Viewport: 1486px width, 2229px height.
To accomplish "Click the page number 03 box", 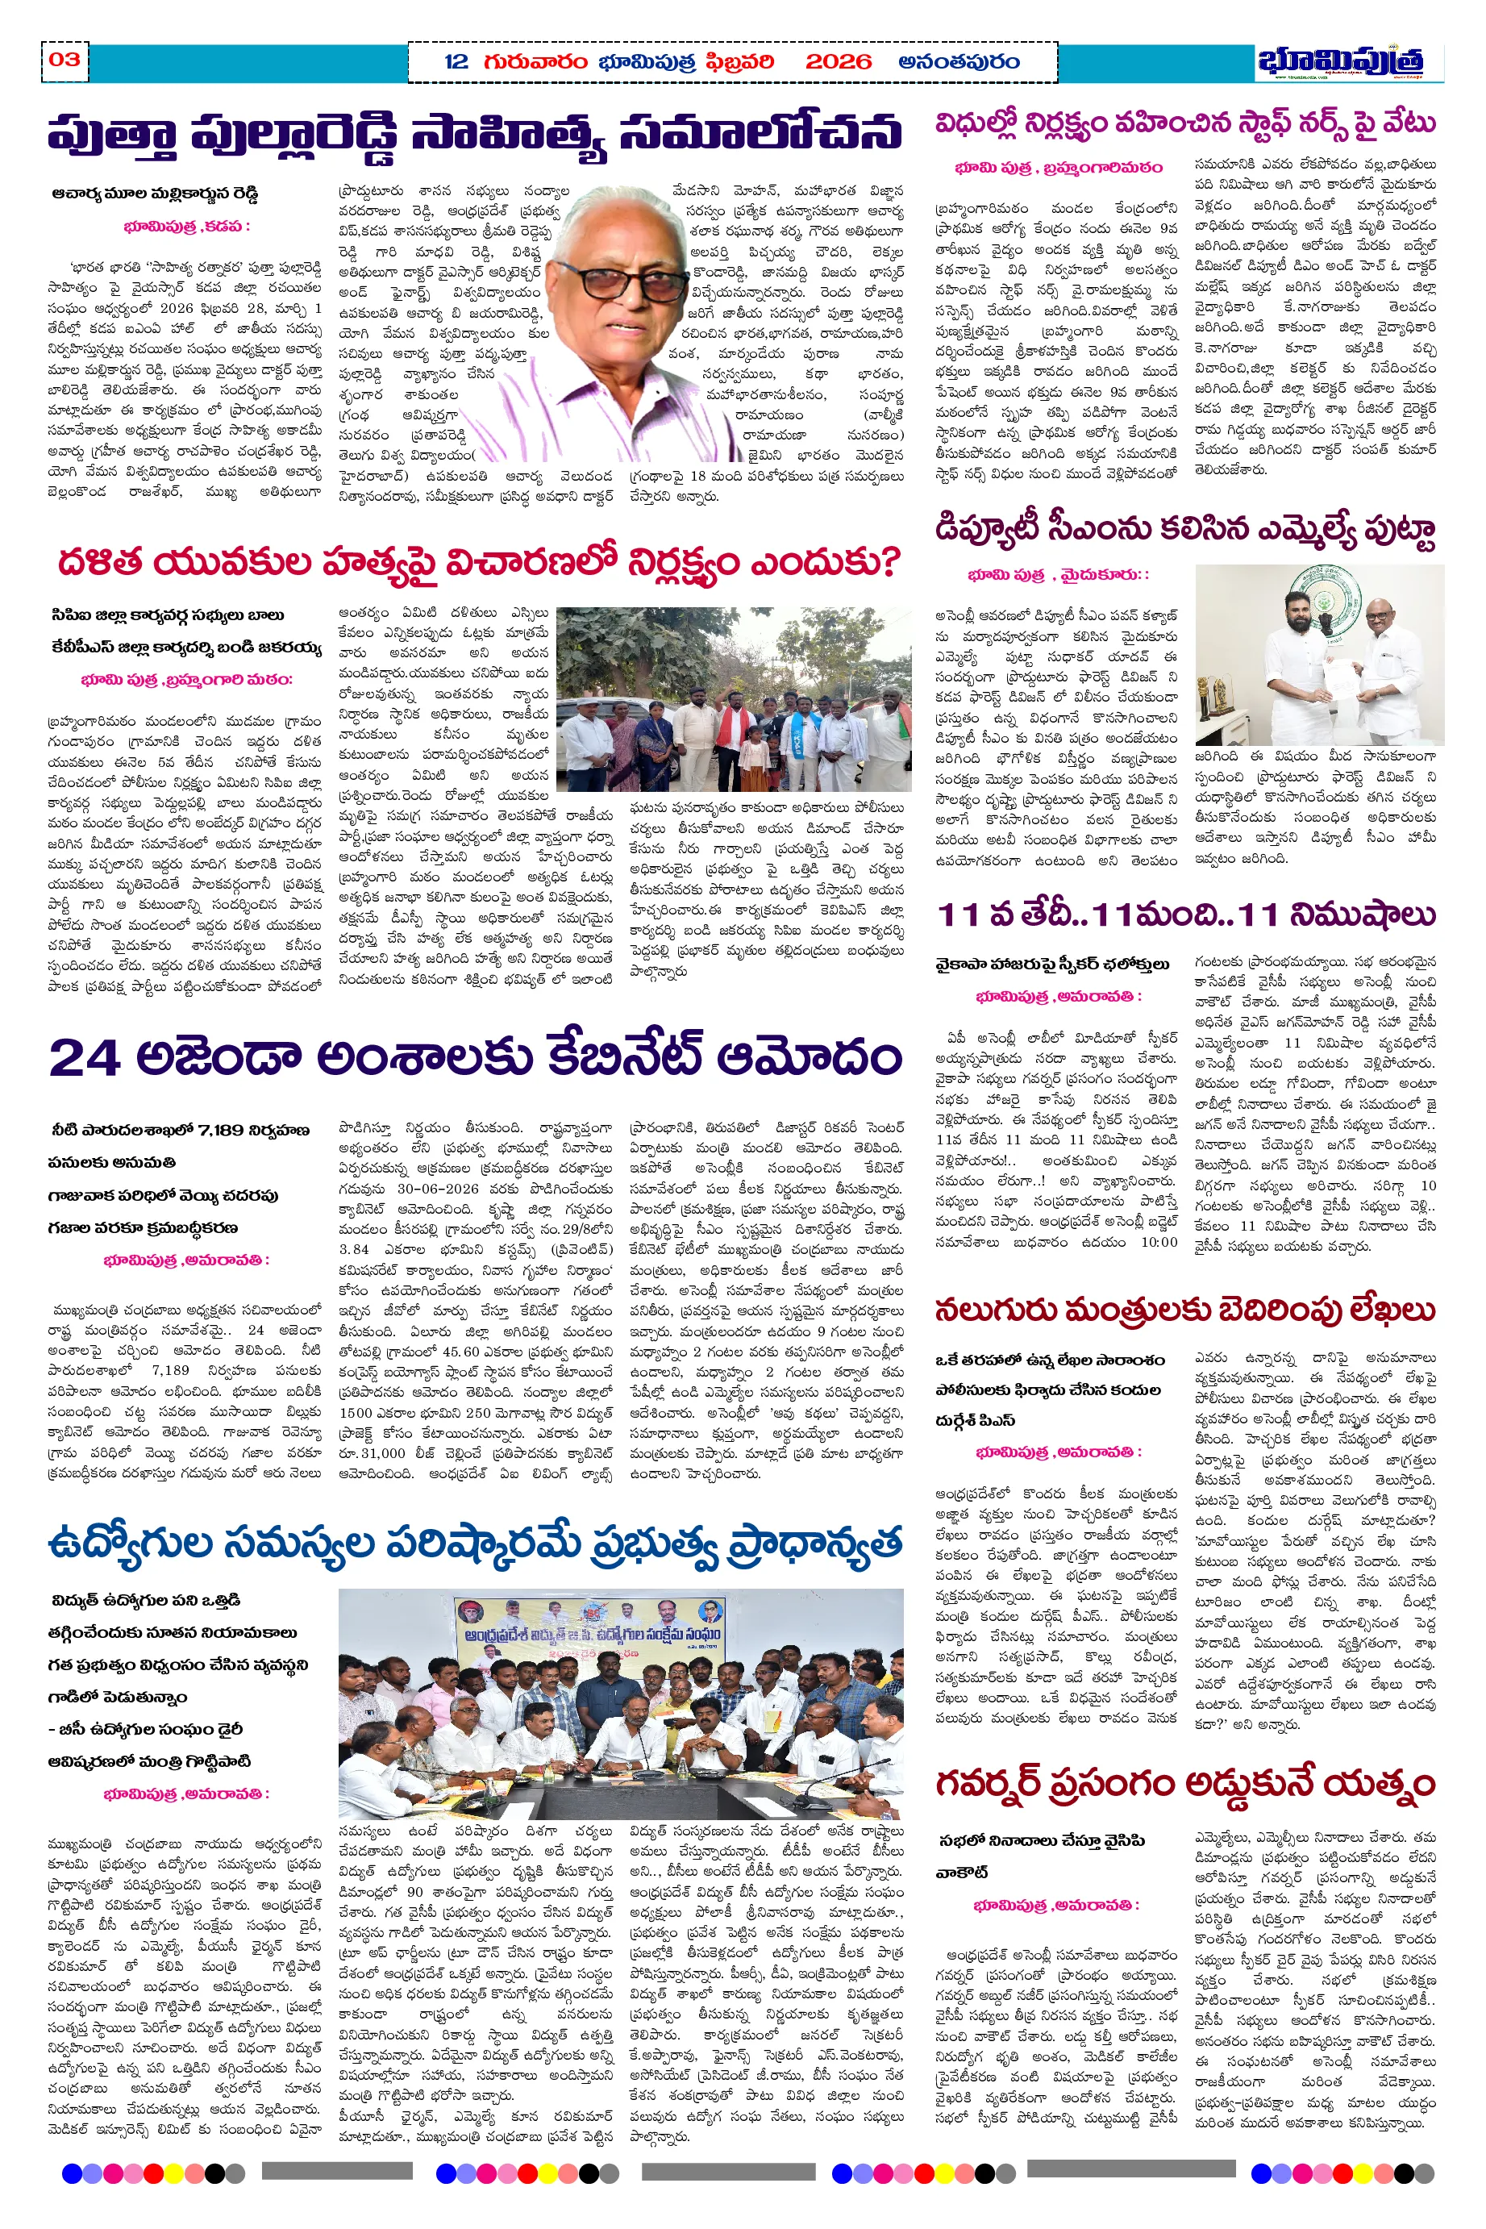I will point(65,60).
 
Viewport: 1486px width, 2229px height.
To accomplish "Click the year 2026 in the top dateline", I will point(838,63).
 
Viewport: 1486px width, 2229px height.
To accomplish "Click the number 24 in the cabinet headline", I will point(85,1056).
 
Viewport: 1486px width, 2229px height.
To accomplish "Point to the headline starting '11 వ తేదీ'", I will point(1185,915).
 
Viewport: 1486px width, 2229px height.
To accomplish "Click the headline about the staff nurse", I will point(1185,124).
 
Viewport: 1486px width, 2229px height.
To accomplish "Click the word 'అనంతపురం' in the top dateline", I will point(959,63).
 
